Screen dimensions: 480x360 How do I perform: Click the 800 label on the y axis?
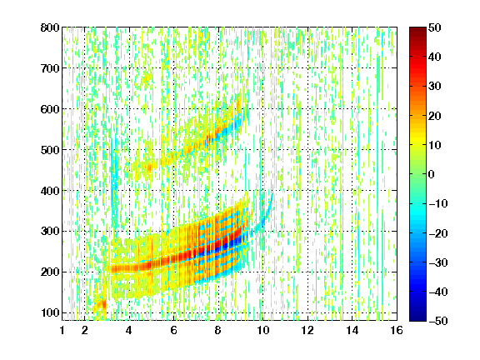(x=50, y=27)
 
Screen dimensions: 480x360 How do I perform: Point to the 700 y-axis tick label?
(x=50, y=68)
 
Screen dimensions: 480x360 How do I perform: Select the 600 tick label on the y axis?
(x=50, y=109)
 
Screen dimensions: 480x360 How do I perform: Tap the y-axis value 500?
(x=50, y=150)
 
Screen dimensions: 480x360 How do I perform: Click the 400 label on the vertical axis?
(x=50, y=191)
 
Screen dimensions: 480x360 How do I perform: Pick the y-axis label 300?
(x=50, y=232)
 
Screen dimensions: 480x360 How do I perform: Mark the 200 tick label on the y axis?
(x=50, y=272)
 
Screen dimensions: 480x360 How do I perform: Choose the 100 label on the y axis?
(x=50, y=312)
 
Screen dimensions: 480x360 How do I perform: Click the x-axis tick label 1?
(x=62, y=330)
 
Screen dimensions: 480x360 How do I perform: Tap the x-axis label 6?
(x=173, y=330)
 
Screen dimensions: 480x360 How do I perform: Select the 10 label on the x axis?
(x=262, y=330)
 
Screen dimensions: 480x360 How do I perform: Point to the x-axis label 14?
(x=352, y=330)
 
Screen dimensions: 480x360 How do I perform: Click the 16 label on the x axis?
(x=397, y=330)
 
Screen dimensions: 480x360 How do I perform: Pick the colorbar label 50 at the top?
(x=435, y=27)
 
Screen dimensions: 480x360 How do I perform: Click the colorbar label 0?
(x=432, y=174)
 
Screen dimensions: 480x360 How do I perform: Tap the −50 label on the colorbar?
(x=438, y=321)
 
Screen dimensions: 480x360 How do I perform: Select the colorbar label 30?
(x=435, y=87)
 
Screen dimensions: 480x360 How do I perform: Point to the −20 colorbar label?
(x=438, y=233)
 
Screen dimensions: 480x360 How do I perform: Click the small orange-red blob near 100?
(x=100, y=305)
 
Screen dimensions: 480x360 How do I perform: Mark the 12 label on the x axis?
(x=307, y=330)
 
